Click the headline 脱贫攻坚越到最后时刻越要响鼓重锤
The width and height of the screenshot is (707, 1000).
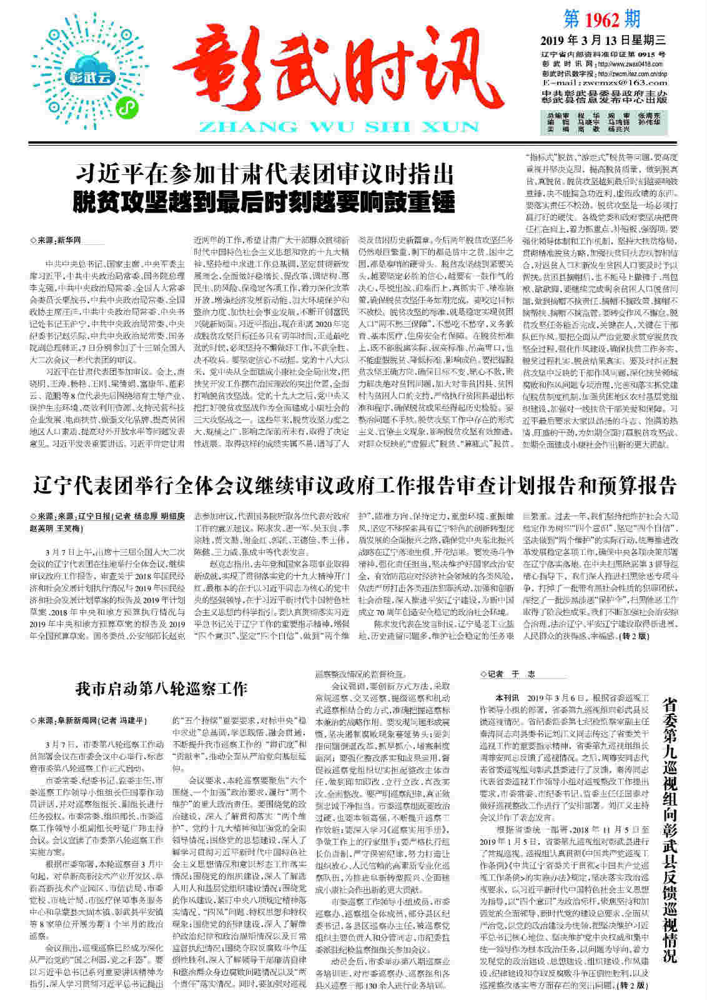click(266, 201)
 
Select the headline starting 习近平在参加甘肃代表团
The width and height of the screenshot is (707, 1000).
click(266, 173)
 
